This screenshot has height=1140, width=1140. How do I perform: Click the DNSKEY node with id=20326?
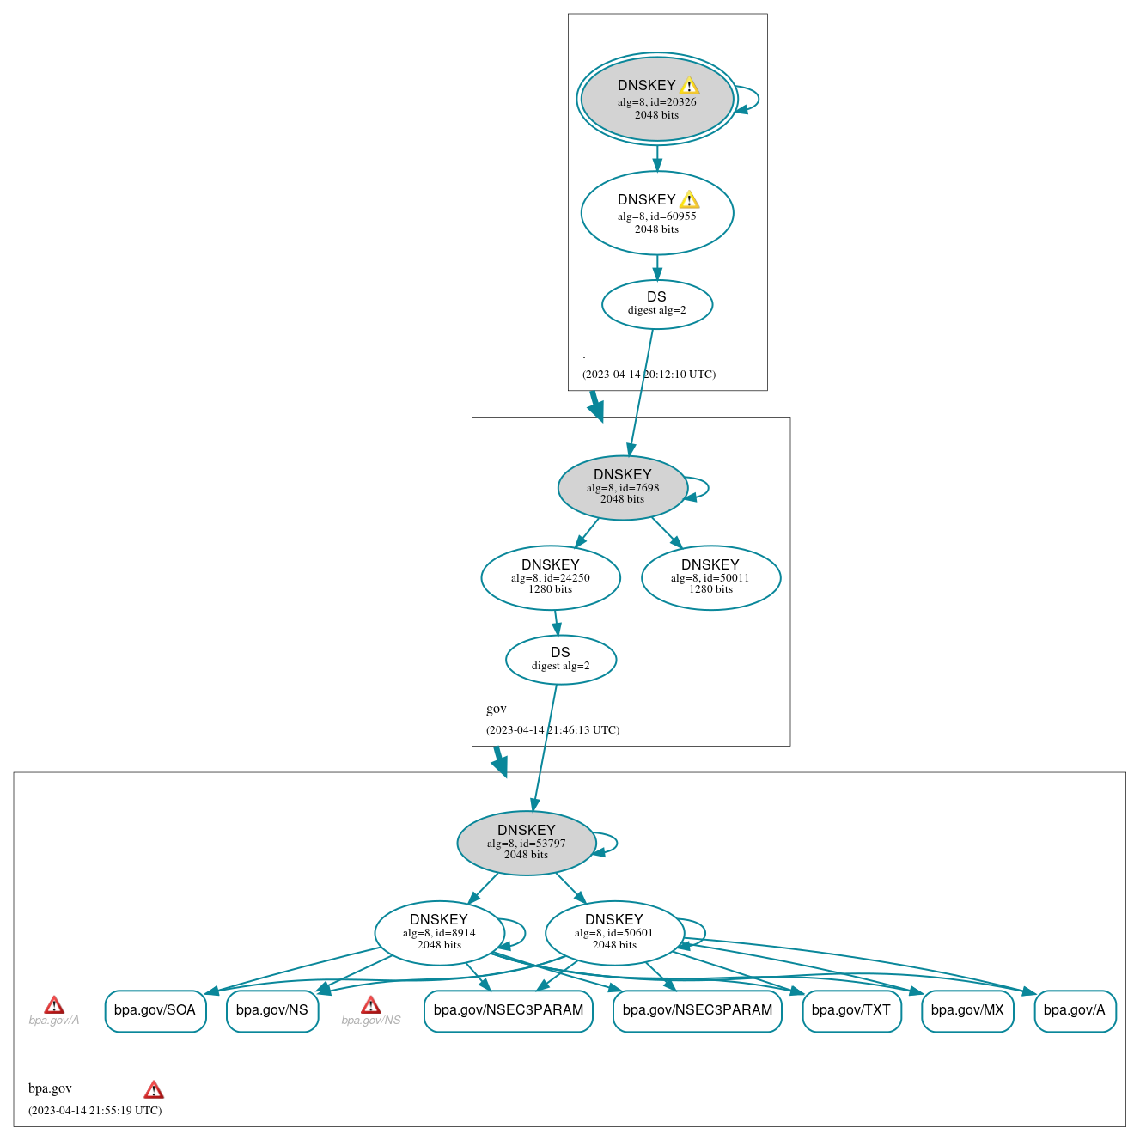tap(656, 100)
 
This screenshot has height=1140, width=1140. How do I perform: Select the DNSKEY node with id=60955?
tap(656, 213)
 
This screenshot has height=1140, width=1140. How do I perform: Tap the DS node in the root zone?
tap(656, 304)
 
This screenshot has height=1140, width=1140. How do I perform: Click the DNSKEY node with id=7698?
tap(622, 487)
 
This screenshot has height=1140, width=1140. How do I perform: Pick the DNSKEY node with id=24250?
tap(550, 577)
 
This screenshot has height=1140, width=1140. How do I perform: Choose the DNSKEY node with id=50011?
tap(710, 577)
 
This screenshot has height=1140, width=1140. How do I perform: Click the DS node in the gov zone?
tap(560, 660)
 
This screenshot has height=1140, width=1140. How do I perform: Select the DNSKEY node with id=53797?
tap(526, 843)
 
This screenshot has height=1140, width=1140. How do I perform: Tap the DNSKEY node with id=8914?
tap(439, 933)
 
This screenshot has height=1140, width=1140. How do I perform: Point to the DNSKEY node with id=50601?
tap(614, 933)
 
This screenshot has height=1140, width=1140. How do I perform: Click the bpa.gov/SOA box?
tap(155, 1010)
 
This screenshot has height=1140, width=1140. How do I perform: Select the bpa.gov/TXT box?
tap(850, 1010)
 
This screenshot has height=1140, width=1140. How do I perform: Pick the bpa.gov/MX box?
tap(967, 1010)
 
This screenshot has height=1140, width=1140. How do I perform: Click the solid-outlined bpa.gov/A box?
tap(1074, 1010)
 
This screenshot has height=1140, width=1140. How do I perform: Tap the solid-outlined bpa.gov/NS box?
tap(271, 1010)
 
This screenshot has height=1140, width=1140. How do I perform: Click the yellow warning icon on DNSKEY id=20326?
tap(689, 86)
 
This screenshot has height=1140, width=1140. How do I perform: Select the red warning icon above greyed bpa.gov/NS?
tap(370, 1005)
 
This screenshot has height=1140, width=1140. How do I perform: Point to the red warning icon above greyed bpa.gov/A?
tap(54, 1005)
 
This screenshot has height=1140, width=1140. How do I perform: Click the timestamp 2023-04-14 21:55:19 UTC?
tap(94, 1110)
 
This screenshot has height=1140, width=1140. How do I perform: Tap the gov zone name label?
tap(496, 709)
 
